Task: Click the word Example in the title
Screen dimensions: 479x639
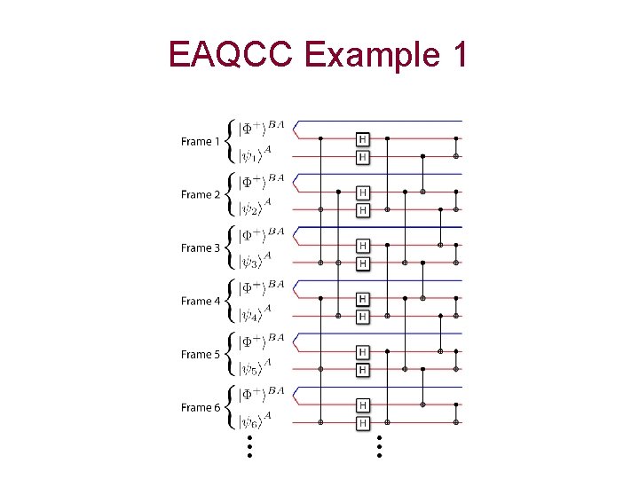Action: click(x=370, y=56)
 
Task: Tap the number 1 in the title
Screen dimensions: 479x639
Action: click(x=457, y=56)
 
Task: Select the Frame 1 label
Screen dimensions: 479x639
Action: click(x=201, y=142)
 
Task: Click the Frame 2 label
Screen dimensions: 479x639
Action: click(x=201, y=195)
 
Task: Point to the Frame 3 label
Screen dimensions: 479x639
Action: click(x=201, y=248)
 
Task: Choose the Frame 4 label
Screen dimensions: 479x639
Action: click(x=201, y=302)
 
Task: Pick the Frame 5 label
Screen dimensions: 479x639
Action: click(x=201, y=355)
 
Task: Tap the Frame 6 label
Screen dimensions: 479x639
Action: click(x=201, y=408)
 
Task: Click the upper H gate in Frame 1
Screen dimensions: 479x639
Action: click(x=362, y=139)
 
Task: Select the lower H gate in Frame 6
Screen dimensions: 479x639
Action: click(x=362, y=423)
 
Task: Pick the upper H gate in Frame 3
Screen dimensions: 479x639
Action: click(x=362, y=246)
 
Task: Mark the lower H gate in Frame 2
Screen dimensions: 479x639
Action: click(x=362, y=210)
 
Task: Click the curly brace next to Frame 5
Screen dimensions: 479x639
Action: click(x=229, y=355)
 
